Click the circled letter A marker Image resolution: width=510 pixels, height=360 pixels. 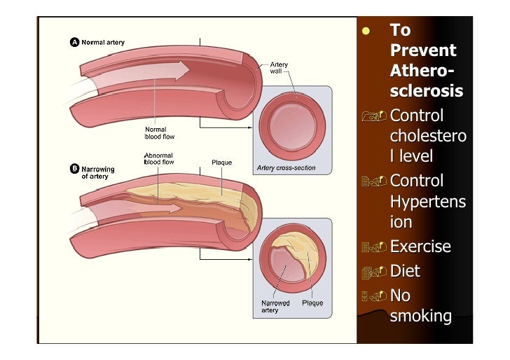74,42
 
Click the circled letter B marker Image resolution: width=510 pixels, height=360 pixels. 74,169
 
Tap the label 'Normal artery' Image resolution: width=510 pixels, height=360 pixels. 103,42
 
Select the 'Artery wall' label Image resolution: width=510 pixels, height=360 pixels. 279,68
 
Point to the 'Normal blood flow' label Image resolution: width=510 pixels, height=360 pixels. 160,133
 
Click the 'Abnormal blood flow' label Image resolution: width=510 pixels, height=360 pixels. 159,159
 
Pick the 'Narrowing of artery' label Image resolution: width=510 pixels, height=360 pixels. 98,173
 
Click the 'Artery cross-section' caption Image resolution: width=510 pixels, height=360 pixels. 287,168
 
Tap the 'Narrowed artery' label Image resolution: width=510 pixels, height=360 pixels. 275,306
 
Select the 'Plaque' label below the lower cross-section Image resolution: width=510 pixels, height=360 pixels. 312,303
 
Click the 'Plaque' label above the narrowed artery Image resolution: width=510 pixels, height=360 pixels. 221,162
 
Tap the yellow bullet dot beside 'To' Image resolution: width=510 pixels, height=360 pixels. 366,31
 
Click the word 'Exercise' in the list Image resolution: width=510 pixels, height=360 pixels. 420,246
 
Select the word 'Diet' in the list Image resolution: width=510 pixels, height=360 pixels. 405,271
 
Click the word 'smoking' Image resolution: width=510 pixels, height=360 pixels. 420,316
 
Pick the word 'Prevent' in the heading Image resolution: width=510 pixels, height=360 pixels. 423,50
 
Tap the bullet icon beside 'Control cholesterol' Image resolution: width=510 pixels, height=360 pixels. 374,116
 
